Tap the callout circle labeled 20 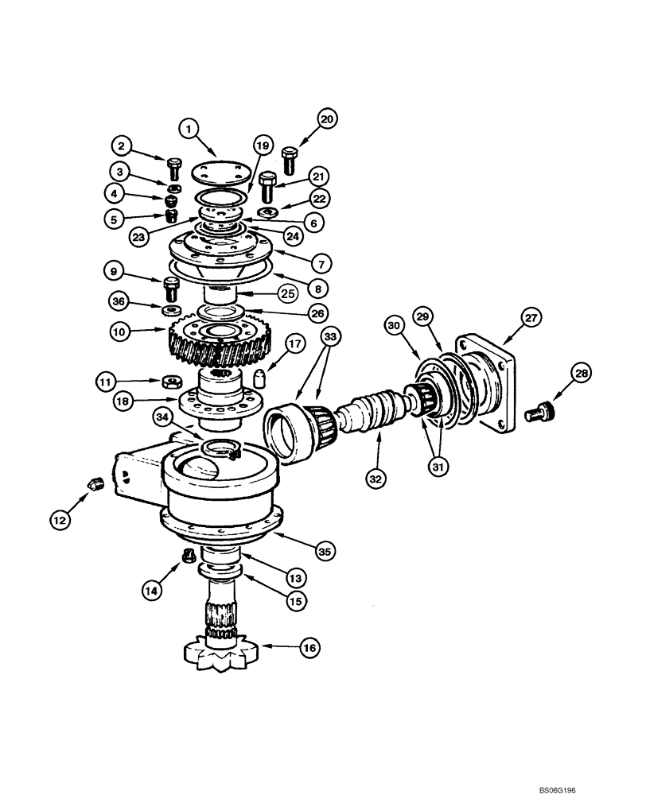coord(327,119)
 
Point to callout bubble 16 coord(309,650)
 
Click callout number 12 coord(59,521)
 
